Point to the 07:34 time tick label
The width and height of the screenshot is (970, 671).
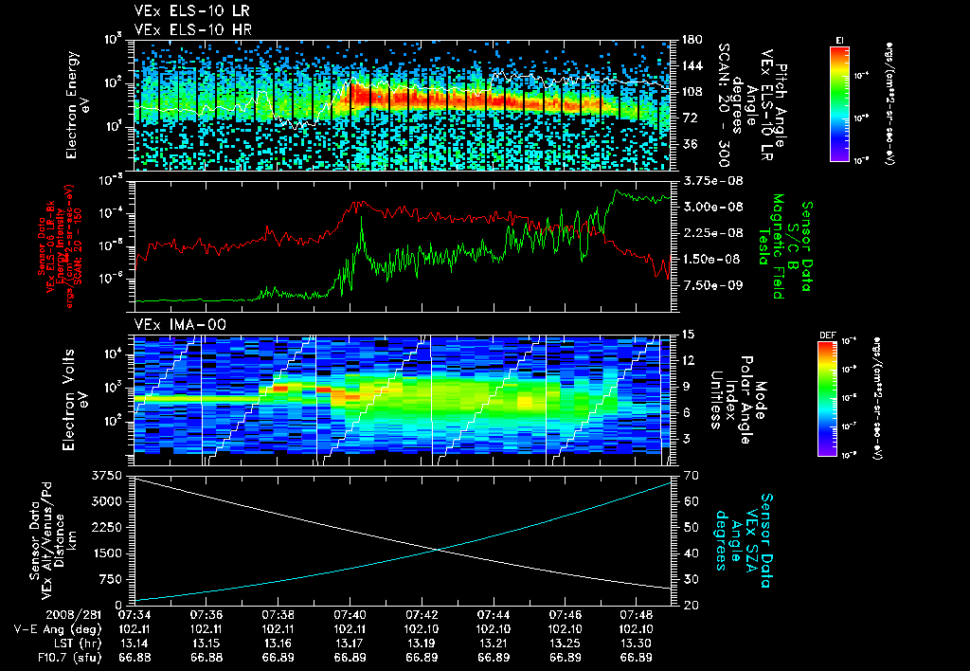pyautogui.click(x=135, y=614)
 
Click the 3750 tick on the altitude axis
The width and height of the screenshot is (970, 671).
pyautogui.click(x=107, y=474)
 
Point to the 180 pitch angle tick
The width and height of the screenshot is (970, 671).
pyautogui.click(x=692, y=40)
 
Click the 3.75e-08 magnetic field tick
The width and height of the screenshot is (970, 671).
pyautogui.click(x=710, y=180)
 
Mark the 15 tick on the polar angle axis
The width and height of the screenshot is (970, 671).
pyautogui.click(x=688, y=335)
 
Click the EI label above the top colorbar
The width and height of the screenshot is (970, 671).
pyautogui.click(x=839, y=39)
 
